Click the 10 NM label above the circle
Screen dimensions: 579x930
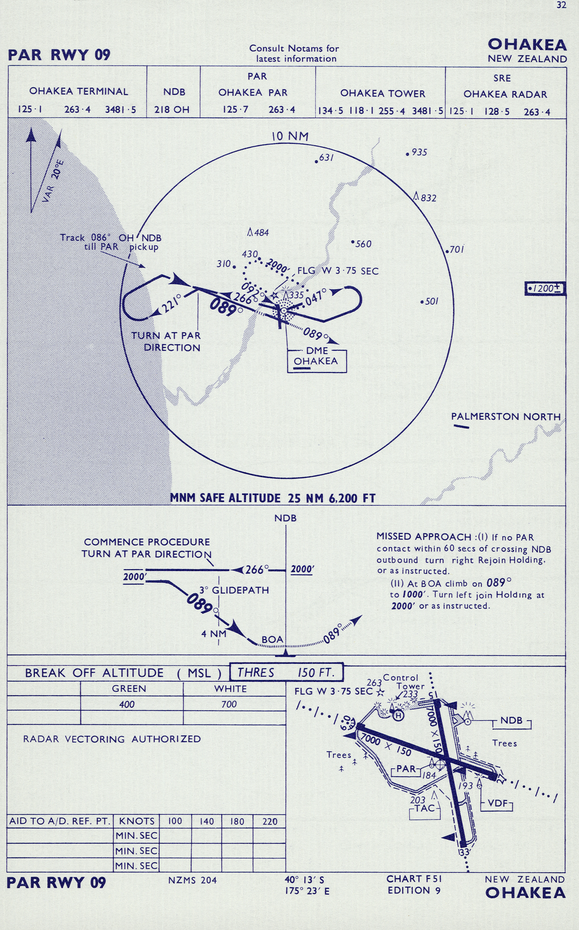290,136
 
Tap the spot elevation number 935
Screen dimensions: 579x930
419,153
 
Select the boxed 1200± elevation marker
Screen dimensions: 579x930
545,288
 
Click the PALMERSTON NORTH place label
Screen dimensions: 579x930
506,416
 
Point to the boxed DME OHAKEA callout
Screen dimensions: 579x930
317,361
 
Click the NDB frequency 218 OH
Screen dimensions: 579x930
172,110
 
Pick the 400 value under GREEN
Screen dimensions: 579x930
127,705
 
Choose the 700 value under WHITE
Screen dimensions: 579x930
229,705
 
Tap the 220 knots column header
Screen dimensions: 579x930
270,821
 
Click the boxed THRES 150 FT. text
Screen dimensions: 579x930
286,673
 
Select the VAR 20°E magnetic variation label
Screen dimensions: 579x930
53,181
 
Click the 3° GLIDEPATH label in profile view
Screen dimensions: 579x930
234,590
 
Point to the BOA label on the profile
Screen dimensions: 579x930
272,640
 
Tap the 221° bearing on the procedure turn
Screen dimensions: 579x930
171,304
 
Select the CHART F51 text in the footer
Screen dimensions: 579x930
414,879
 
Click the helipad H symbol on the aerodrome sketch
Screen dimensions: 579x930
399,716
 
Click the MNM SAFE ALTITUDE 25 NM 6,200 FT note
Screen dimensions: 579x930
273,498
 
